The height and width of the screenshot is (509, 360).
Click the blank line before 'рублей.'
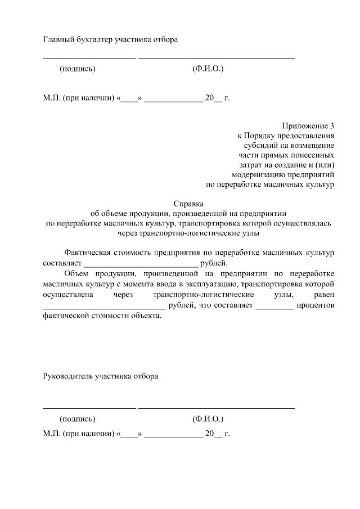pos(141,263)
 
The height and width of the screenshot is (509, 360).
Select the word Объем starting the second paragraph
pos(75,274)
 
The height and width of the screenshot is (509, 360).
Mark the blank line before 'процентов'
pos(274,306)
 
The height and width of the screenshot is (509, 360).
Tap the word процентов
pos(317,305)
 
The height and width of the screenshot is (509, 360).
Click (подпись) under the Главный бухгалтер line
pos(78,69)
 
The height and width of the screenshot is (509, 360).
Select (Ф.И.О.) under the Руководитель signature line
pos(208,420)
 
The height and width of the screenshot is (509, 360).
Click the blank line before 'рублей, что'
pos(104,306)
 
